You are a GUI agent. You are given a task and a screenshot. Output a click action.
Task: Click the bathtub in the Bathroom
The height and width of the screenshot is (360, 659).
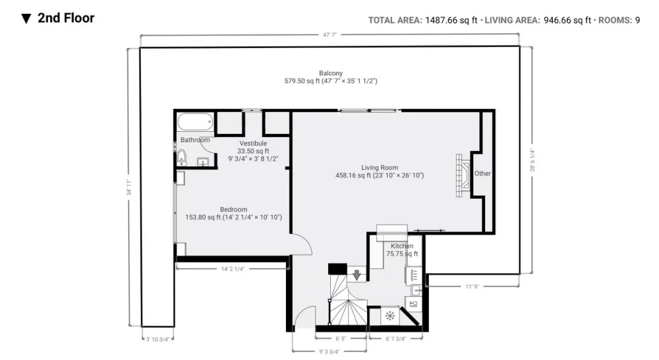click(195, 123)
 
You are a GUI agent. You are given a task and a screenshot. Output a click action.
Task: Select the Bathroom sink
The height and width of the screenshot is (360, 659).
click(202, 162)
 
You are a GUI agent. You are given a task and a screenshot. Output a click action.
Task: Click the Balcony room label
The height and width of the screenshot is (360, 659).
click(331, 73)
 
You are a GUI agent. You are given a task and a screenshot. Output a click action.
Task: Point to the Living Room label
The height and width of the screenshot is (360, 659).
click(380, 167)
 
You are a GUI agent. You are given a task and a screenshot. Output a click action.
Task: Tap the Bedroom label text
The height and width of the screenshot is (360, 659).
click(234, 210)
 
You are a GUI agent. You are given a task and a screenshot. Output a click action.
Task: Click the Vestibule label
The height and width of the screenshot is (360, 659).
click(253, 144)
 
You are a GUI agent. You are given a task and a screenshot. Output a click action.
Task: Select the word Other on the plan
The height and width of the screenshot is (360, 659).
click(482, 173)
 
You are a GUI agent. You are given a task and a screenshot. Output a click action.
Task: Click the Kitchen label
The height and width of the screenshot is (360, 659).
click(402, 246)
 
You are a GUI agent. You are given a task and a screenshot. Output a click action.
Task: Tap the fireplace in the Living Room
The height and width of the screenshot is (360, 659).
click(463, 175)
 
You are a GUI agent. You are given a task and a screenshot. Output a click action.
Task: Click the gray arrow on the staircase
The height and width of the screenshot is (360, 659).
click(357, 275)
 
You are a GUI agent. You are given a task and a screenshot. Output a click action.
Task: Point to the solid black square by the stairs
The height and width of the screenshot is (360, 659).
click(337, 269)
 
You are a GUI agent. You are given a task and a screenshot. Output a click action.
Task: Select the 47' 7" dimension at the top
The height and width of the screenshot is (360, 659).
click(330, 35)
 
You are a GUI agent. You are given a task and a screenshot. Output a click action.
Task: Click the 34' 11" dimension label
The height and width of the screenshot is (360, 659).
click(129, 187)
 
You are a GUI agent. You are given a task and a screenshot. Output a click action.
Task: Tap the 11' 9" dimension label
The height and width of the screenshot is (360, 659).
click(472, 287)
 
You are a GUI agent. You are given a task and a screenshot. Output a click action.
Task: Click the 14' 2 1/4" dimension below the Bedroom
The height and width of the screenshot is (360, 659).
click(233, 269)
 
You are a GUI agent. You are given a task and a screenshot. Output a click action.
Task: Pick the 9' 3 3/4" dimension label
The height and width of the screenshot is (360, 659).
click(329, 351)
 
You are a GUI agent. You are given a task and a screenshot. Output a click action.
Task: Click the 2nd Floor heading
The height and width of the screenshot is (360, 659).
click(66, 18)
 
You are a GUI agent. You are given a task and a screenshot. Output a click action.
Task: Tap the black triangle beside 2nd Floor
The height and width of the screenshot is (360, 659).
click(26, 19)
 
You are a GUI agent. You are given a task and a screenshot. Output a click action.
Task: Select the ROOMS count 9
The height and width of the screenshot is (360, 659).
click(637, 20)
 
